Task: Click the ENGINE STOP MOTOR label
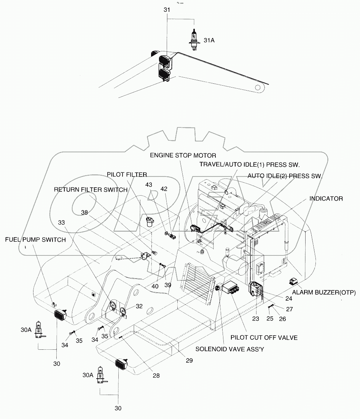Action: pos(183,155)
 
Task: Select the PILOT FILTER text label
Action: pos(127,175)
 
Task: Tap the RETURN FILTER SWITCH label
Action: pos(91,190)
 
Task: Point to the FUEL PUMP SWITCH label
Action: pos(35,240)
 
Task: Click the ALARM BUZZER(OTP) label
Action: pos(324,292)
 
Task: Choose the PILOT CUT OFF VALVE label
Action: pos(264,337)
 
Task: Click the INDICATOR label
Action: pos(326,199)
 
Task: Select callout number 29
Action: pos(189,360)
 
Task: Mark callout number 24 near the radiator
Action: pos(290,299)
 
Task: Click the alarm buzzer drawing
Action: pos(293,282)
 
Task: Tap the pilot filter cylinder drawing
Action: pos(151,221)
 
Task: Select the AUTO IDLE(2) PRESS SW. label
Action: pos(285,176)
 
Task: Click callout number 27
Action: pos(290,309)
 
